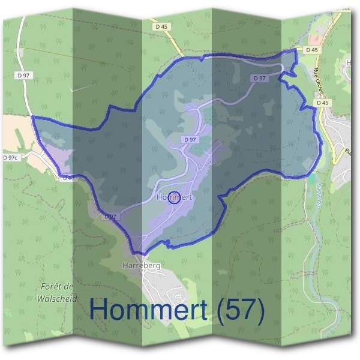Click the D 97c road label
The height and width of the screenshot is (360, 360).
(x=10, y=157)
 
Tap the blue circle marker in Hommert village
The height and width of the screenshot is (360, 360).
(x=173, y=197)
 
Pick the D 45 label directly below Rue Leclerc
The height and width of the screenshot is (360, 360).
(x=323, y=103)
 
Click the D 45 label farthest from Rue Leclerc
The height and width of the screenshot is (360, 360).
(x=161, y=26)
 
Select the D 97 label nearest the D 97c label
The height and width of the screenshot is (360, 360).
(x=68, y=178)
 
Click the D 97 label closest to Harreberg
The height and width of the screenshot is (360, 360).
(x=109, y=216)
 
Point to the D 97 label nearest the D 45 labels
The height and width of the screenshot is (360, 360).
(x=260, y=78)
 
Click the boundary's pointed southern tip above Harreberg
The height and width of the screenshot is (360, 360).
(x=136, y=253)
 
